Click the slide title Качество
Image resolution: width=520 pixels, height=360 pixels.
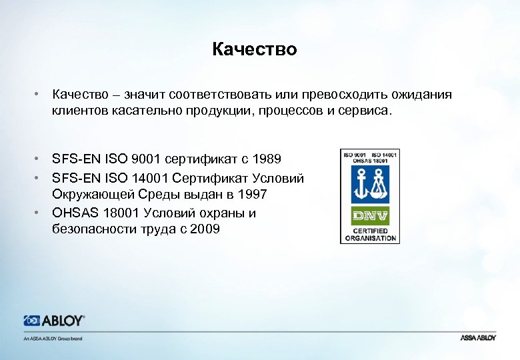coord(255,49)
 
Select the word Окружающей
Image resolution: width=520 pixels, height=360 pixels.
coord(95,195)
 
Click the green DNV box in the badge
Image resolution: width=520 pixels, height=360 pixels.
coord(370,215)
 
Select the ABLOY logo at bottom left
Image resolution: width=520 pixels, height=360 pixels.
coord(54,321)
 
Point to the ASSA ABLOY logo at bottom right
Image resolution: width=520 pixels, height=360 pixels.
coord(478,338)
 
